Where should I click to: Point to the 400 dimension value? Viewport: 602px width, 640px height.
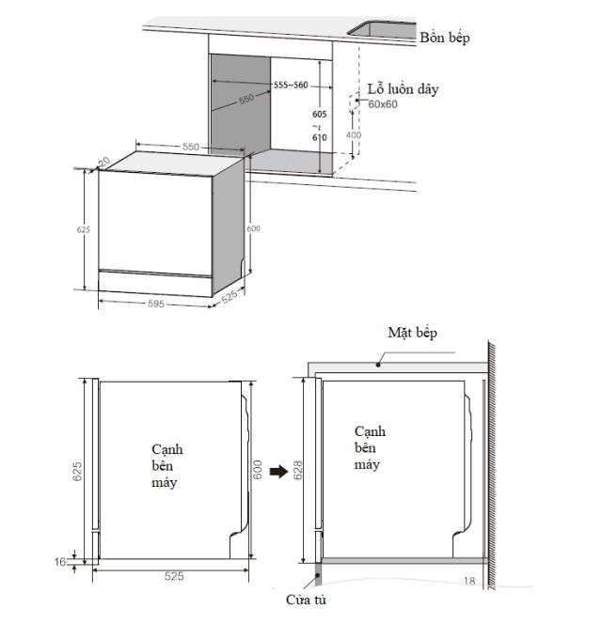(354, 135)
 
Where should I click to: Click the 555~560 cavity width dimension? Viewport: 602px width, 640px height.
(291, 86)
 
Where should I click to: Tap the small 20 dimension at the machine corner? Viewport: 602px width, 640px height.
(103, 162)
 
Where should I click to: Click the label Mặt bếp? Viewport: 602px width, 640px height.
(412, 333)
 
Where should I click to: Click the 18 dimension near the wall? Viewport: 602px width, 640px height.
(468, 581)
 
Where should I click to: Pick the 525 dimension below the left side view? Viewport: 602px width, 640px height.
(172, 575)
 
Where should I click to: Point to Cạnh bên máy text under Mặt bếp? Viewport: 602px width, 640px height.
(371, 447)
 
